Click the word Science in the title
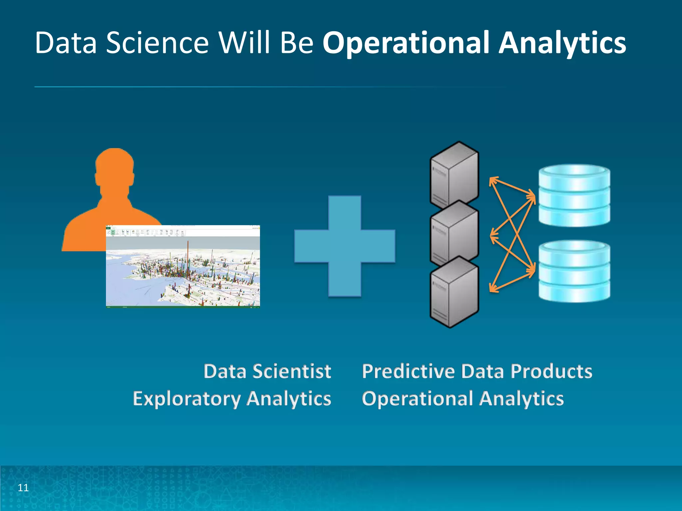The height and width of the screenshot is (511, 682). (x=157, y=43)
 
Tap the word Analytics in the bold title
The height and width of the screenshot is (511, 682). (x=562, y=43)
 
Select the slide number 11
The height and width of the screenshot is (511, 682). (x=23, y=488)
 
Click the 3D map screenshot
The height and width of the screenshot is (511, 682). (x=183, y=269)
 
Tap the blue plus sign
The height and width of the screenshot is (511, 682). (x=345, y=246)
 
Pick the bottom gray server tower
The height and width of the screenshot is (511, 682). (x=454, y=293)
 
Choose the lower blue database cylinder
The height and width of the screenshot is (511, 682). (x=574, y=271)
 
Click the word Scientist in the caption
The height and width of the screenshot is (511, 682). (x=292, y=371)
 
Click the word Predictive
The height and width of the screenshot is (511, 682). (x=408, y=371)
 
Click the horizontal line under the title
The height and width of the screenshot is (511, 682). (x=266, y=87)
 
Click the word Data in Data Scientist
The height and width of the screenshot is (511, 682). (x=225, y=371)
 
